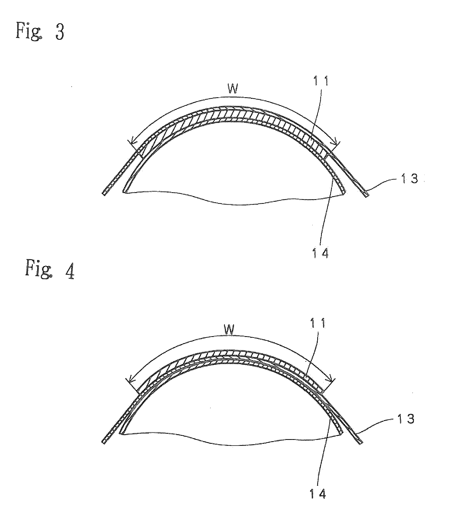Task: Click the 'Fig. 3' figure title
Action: [x=40, y=30]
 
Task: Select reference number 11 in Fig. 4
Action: [x=317, y=323]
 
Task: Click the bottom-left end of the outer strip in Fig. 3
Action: [x=104, y=193]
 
